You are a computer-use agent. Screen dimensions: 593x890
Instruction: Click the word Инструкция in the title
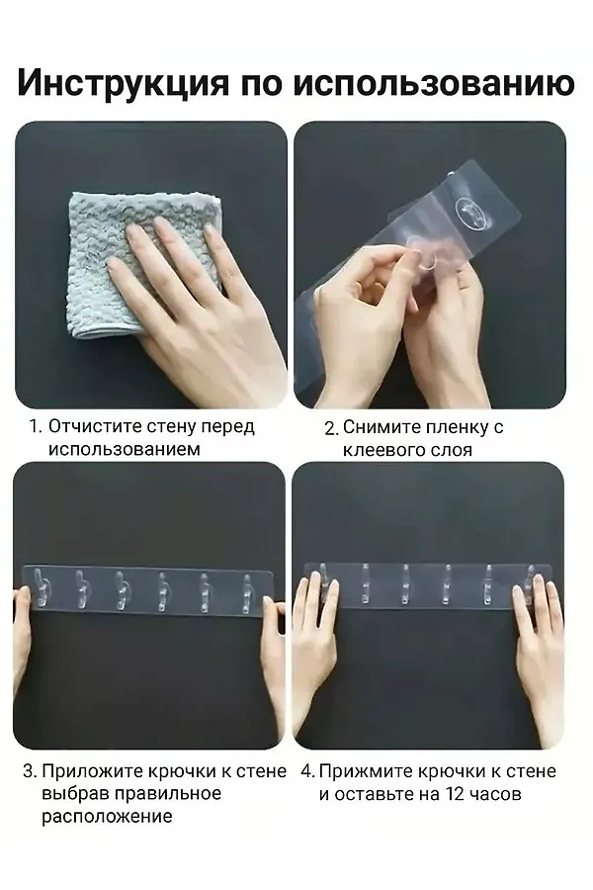pyautogui.click(x=124, y=83)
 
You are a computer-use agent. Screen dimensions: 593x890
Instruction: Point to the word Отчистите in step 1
pyautogui.click(x=95, y=426)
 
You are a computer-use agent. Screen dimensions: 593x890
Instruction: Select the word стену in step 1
pyautogui.click(x=172, y=427)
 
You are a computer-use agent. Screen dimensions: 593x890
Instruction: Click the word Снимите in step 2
pyautogui.click(x=374, y=427)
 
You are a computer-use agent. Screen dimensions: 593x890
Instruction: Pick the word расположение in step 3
pyautogui.click(x=107, y=818)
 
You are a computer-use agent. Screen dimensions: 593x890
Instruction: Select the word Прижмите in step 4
pyautogui.click(x=366, y=772)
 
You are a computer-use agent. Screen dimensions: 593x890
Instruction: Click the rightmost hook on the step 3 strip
pyautogui.click(x=247, y=593)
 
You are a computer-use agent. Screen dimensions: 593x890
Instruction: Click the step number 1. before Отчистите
pyautogui.click(x=36, y=427)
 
